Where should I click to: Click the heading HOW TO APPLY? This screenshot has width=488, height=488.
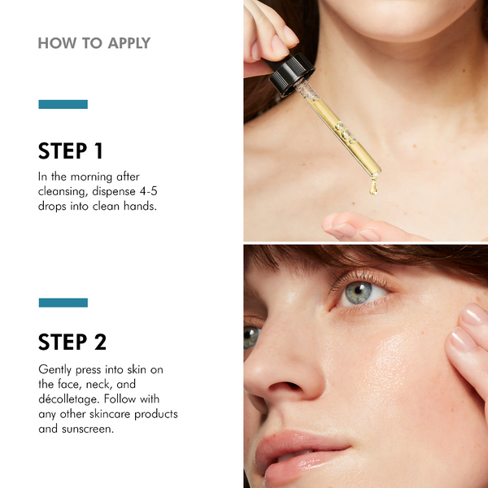pyautogui.click(x=94, y=43)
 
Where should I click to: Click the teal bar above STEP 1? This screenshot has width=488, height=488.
pyautogui.click(x=63, y=104)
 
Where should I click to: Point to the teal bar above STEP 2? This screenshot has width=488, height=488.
pyautogui.click(x=63, y=303)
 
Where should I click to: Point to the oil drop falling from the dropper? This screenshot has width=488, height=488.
pyautogui.click(x=373, y=188)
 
